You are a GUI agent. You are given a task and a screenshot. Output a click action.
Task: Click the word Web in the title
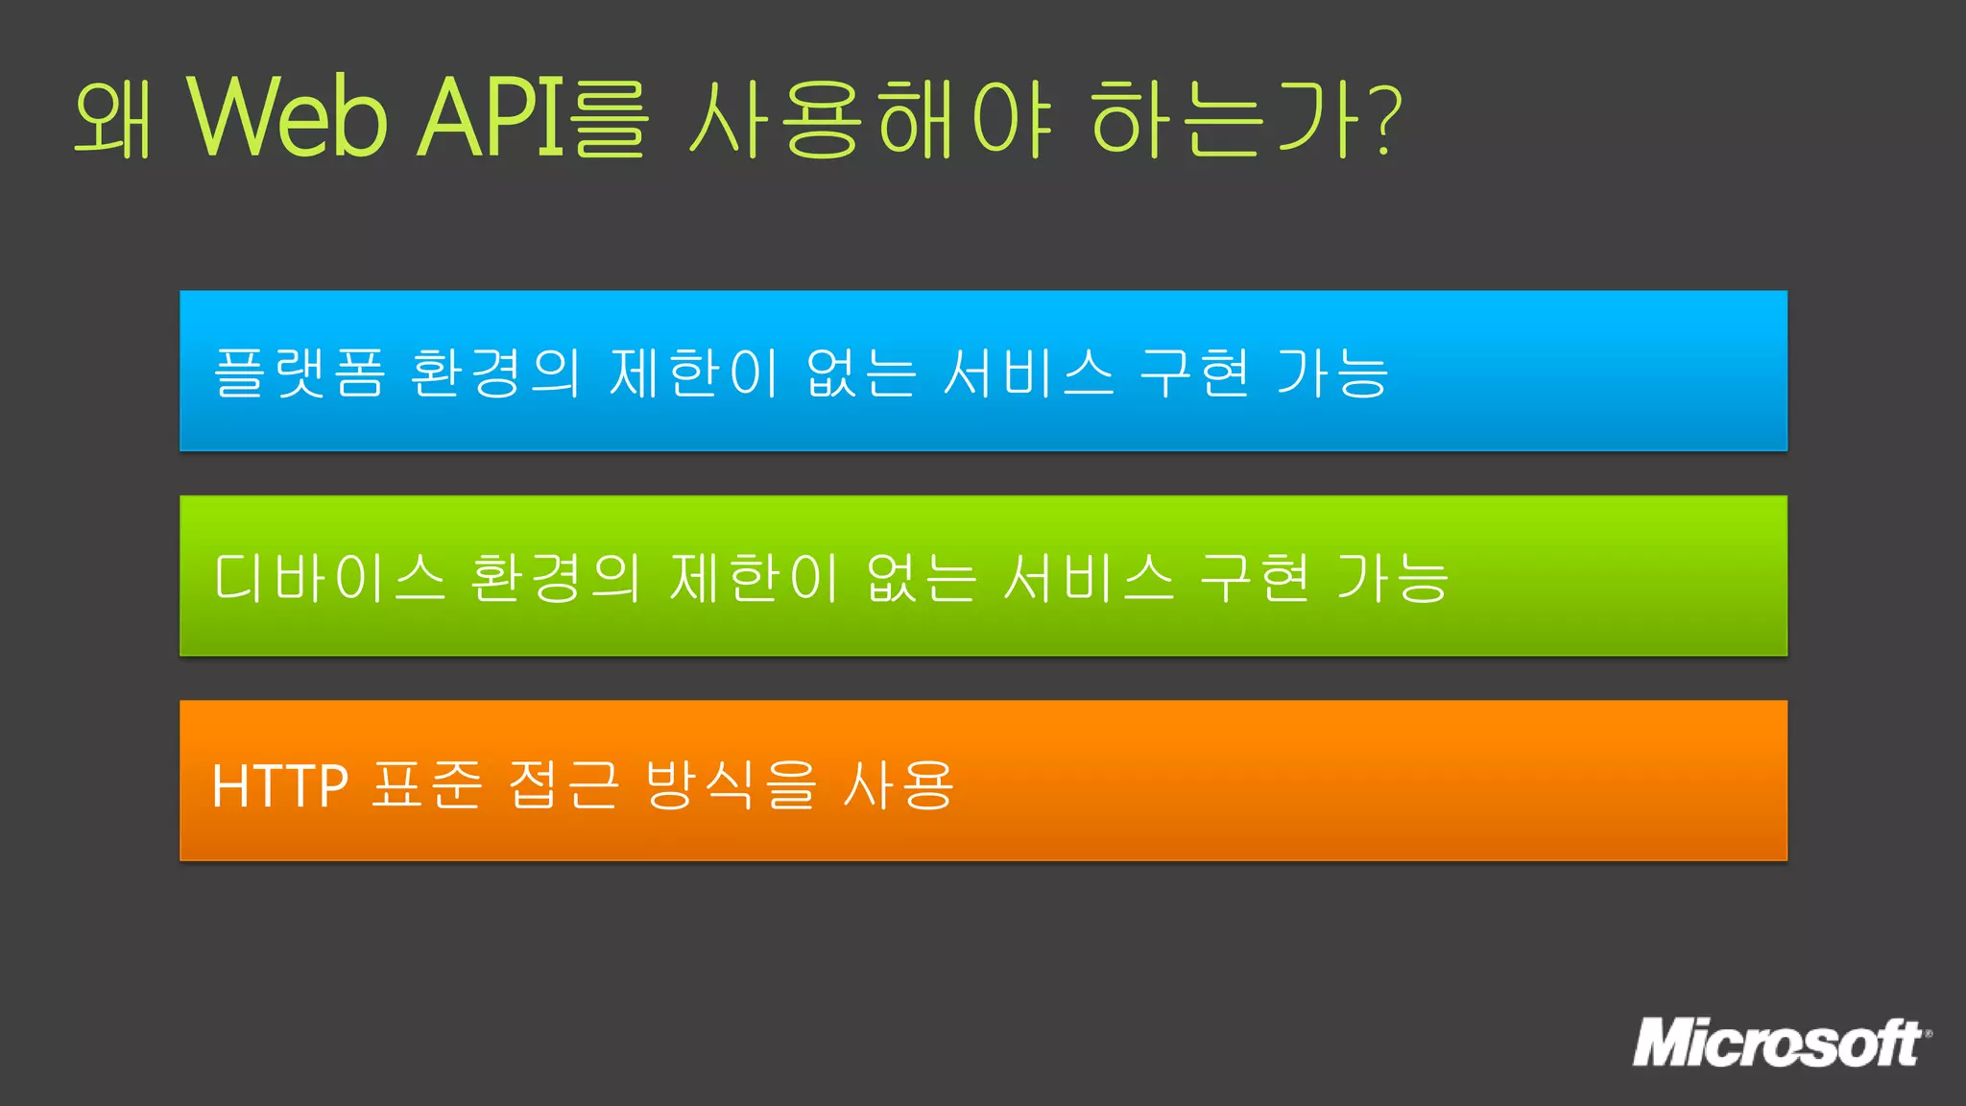click(288, 118)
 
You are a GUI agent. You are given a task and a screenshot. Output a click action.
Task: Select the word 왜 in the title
click(113, 118)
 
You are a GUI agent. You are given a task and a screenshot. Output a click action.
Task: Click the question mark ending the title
click(1387, 118)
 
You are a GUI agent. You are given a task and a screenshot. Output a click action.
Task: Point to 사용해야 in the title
click(872, 118)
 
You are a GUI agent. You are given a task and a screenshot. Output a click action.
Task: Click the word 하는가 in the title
click(1229, 118)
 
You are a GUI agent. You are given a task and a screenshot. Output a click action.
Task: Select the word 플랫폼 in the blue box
click(299, 373)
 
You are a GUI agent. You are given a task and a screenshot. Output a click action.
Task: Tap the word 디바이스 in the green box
click(329, 578)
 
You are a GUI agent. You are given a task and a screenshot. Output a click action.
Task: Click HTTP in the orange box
click(279, 785)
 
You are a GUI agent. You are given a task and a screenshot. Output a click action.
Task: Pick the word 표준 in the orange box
click(426, 785)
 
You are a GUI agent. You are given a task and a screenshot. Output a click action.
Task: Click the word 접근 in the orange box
click(563, 785)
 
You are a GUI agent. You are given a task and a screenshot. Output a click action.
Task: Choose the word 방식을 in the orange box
click(731, 785)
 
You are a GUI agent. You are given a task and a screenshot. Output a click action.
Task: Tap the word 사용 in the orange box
click(899, 785)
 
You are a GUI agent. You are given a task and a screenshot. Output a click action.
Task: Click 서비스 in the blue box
click(1029, 373)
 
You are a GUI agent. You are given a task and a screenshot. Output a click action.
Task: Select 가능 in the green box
click(1392, 578)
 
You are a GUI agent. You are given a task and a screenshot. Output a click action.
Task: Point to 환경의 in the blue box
click(495, 373)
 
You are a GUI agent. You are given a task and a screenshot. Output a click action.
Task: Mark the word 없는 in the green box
click(922, 578)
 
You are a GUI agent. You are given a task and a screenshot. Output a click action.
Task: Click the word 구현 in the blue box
click(1195, 373)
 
